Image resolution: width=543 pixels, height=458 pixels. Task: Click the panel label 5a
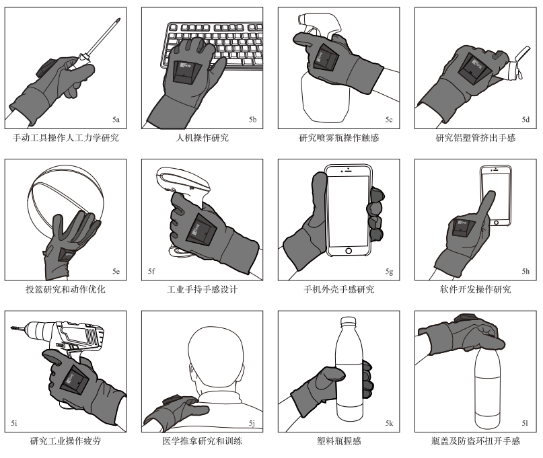116,120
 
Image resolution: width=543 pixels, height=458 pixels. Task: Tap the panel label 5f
153,271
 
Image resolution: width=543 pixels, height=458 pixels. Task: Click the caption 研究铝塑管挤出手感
475,139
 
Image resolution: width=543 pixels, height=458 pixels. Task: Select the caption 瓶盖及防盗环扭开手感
475,441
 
